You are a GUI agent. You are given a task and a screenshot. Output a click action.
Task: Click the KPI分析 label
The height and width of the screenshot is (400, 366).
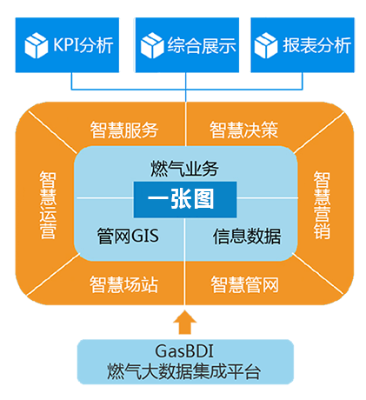point(83,45)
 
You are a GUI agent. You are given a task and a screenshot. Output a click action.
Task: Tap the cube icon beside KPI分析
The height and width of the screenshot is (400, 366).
point(37,45)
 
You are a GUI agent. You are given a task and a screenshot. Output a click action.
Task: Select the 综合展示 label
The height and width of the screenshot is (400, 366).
point(202,45)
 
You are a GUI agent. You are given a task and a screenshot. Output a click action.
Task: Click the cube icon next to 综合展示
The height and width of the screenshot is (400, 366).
point(152,45)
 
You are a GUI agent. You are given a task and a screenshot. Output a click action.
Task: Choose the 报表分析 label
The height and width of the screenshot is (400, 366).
point(316,45)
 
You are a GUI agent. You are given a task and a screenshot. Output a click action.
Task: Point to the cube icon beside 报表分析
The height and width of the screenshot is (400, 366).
point(266,45)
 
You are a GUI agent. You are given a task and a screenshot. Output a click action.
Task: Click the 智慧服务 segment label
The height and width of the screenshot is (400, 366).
point(124,130)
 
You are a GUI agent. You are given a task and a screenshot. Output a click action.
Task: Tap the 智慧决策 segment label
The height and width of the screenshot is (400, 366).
point(243,130)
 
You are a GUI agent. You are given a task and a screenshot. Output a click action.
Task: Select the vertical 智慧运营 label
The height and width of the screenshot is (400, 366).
point(48,205)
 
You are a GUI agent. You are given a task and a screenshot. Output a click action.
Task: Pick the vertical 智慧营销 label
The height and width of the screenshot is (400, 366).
point(322,205)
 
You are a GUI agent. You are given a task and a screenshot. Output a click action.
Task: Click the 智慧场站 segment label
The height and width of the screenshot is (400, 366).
point(123,284)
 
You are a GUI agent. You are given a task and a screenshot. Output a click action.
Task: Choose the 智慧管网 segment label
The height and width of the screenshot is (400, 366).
point(244,284)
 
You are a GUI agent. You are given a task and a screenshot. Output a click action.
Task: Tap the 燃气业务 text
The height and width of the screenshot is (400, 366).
point(184,169)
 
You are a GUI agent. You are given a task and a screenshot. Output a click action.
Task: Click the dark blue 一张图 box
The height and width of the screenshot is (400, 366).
point(185,199)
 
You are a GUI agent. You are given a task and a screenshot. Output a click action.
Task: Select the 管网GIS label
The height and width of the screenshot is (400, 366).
point(128,236)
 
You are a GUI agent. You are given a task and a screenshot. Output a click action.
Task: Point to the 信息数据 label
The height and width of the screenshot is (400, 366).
point(247,236)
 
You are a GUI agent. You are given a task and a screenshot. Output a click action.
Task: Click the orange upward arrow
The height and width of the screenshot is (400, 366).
point(184,323)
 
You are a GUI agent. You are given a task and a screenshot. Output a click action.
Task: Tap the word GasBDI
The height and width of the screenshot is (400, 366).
point(184,351)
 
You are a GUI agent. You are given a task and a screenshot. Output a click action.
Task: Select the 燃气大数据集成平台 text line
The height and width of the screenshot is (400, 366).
point(184,371)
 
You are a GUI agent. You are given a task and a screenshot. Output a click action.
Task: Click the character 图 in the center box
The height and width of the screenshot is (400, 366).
point(204,199)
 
